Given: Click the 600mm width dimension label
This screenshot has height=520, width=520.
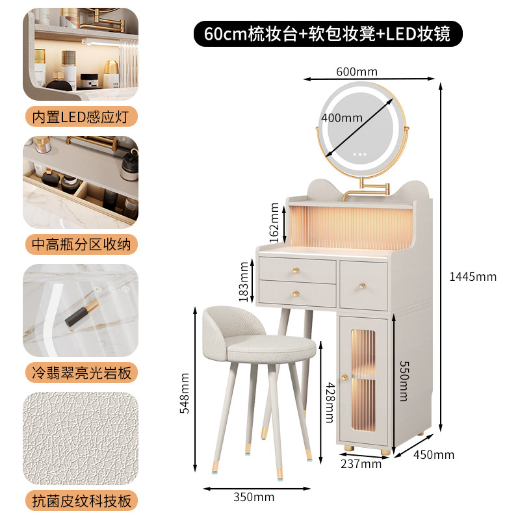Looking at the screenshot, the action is [x=357, y=71].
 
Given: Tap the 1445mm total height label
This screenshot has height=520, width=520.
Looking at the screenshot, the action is [x=473, y=277].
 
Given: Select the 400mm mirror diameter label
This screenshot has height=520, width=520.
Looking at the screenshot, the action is [x=342, y=118].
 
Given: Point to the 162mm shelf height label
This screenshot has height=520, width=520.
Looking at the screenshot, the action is [x=274, y=222].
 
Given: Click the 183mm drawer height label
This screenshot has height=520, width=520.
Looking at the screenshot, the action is [x=244, y=281].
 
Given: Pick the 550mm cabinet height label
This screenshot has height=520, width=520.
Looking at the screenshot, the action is [x=404, y=381].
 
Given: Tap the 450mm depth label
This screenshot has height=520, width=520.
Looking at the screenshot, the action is [x=434, y=454].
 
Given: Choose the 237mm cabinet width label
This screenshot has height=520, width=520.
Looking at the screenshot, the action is [x=361, y=463].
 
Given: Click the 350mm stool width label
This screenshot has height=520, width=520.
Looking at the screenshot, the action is [x=254, y=497].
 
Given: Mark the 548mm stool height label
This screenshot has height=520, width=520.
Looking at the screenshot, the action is [x=185, y=393].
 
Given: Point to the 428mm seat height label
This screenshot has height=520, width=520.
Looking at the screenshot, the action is [x=330, y=402].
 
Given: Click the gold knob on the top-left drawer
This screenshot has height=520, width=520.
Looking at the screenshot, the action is [x=296, y=270].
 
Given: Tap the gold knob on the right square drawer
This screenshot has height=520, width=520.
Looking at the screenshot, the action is [x=363, y=285].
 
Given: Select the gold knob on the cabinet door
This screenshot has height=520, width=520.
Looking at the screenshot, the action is [x=345, y=378].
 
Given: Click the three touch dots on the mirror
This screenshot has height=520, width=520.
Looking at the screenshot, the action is [x=360, y=154].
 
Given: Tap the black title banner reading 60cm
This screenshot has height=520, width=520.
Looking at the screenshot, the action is [x=328, y=34].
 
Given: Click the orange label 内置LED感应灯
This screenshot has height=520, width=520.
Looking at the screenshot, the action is [x=81, y=116].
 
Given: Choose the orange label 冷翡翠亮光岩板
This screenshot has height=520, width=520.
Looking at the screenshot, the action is [x=81, y=372].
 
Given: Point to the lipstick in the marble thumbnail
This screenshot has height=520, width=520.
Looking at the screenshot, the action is [x=82, y=313].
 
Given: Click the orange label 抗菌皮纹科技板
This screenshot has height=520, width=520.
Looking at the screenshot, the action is [x=81, y=500].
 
